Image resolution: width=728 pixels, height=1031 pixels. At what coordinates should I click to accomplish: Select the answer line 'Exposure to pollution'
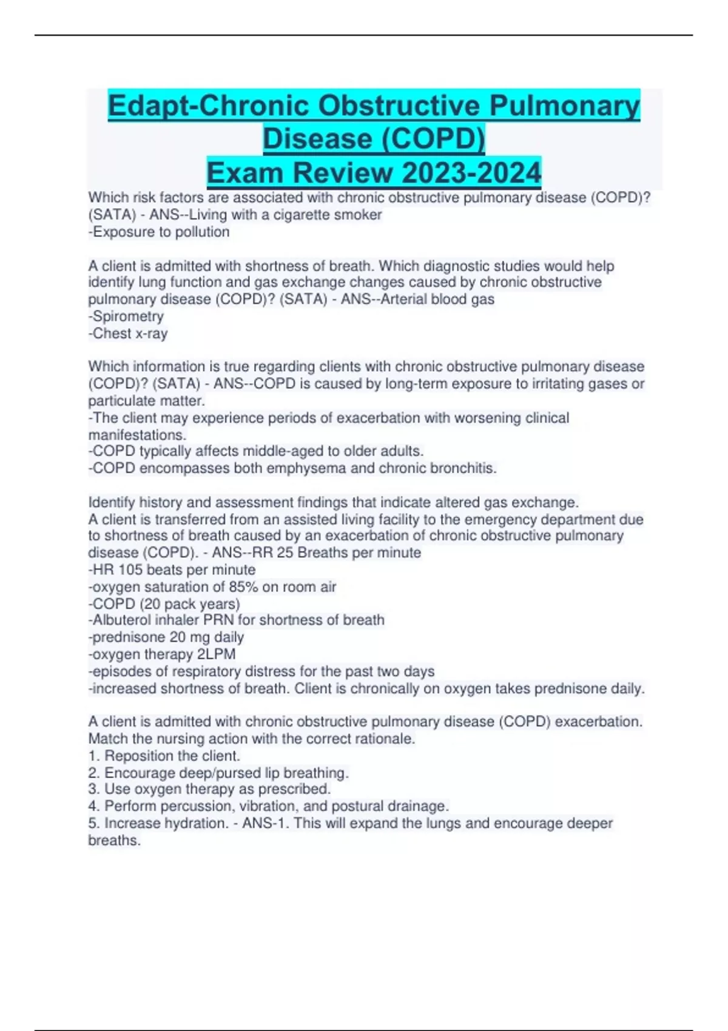160,232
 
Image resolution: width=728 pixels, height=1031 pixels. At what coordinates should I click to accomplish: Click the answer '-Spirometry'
126,317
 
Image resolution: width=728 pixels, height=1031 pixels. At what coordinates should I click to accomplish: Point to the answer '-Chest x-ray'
128,334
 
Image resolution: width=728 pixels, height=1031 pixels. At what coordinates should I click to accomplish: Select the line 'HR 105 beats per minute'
172,570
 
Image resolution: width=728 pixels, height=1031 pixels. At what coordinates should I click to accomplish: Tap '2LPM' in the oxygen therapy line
217,654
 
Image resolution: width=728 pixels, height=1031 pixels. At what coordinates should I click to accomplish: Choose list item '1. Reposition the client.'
164,756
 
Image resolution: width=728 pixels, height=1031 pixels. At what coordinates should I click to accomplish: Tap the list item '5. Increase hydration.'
158,824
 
